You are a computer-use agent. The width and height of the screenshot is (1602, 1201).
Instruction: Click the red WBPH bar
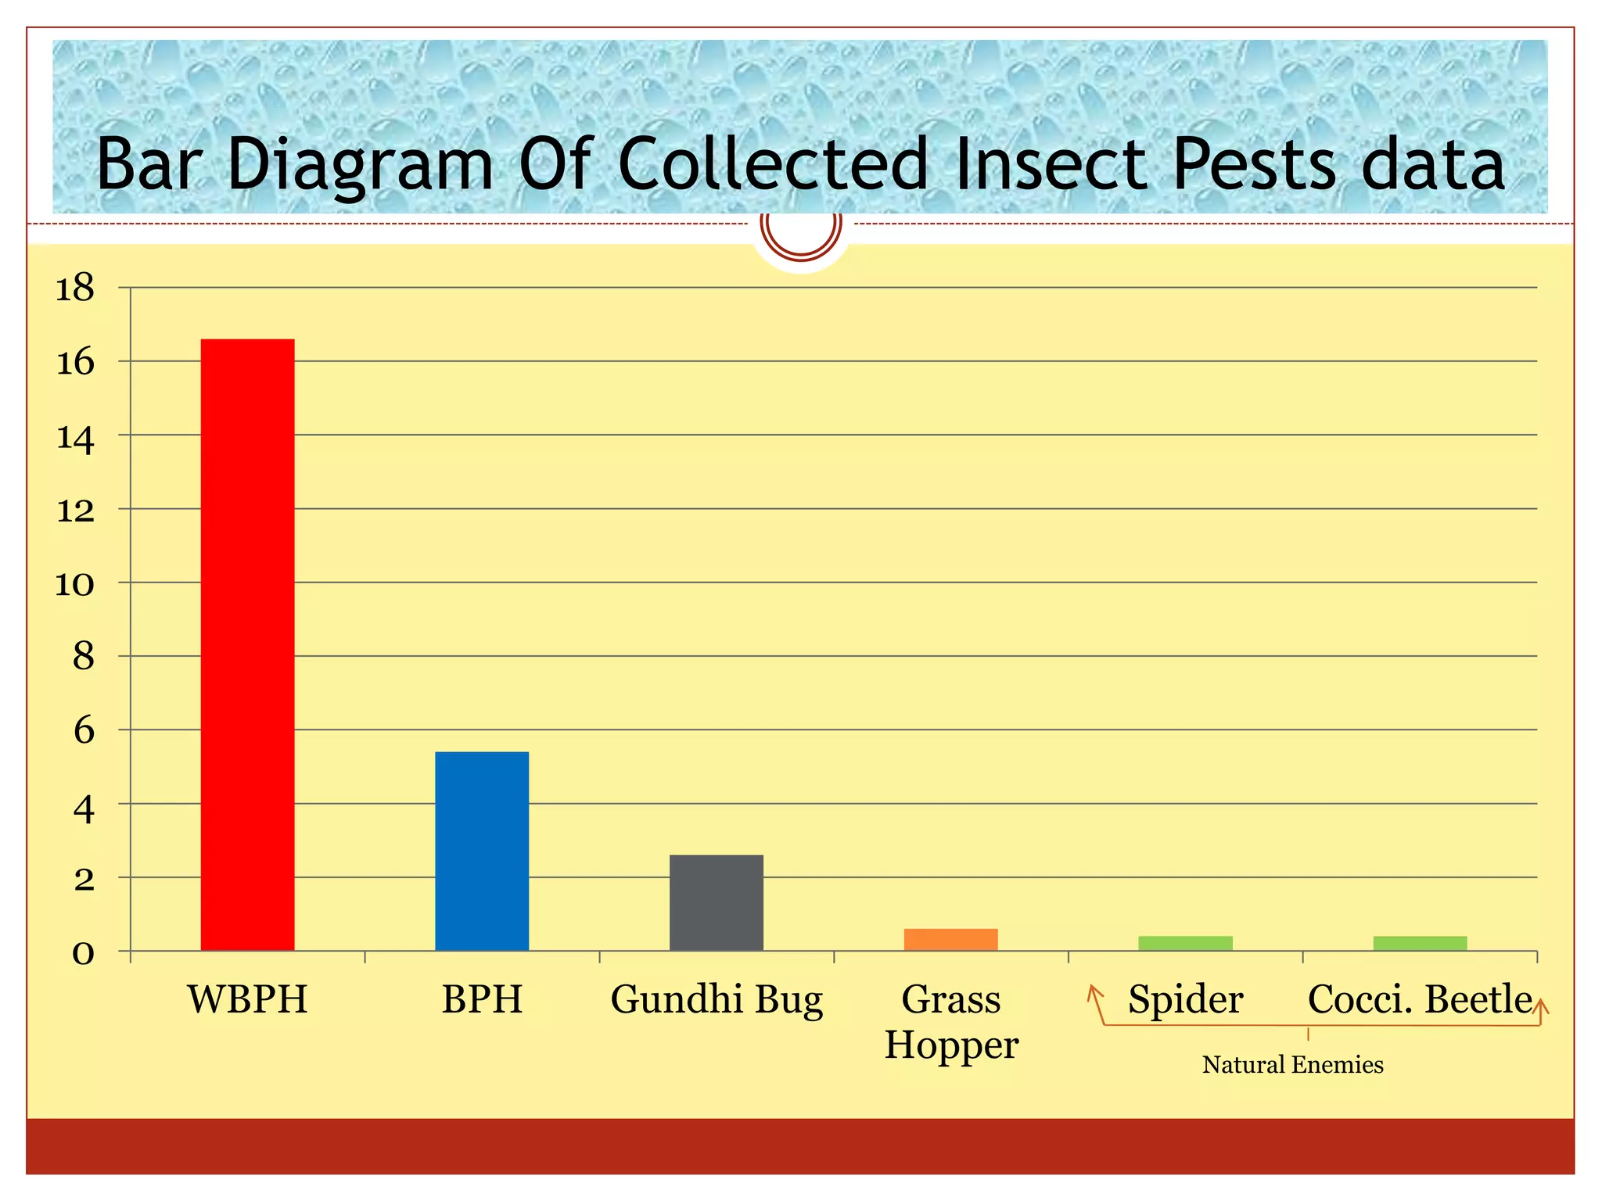pos(247,645)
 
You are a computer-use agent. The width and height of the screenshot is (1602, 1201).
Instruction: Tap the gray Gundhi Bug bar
pos(716,902)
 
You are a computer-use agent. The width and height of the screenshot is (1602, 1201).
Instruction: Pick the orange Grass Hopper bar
pos(950,939)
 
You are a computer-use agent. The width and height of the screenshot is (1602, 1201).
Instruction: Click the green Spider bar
pos(1185,943)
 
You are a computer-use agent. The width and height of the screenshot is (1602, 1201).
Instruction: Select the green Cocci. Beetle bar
pos(1420,943)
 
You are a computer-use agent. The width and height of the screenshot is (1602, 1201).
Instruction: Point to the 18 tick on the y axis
pos(75,289)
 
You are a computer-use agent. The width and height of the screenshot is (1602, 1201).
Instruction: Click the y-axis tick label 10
pos(75,584)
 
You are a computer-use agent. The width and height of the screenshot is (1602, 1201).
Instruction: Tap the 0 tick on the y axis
pos(83,953)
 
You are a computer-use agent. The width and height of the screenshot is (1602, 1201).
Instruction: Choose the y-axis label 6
pos(84,731)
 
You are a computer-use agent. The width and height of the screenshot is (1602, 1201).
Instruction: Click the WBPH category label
pos(247,999)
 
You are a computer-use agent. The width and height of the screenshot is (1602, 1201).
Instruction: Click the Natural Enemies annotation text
pos(1292,1065)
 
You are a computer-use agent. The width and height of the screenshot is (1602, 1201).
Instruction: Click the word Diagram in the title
pos(360,166)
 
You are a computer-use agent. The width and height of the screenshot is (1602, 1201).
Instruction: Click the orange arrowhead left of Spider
pos(1094,992)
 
